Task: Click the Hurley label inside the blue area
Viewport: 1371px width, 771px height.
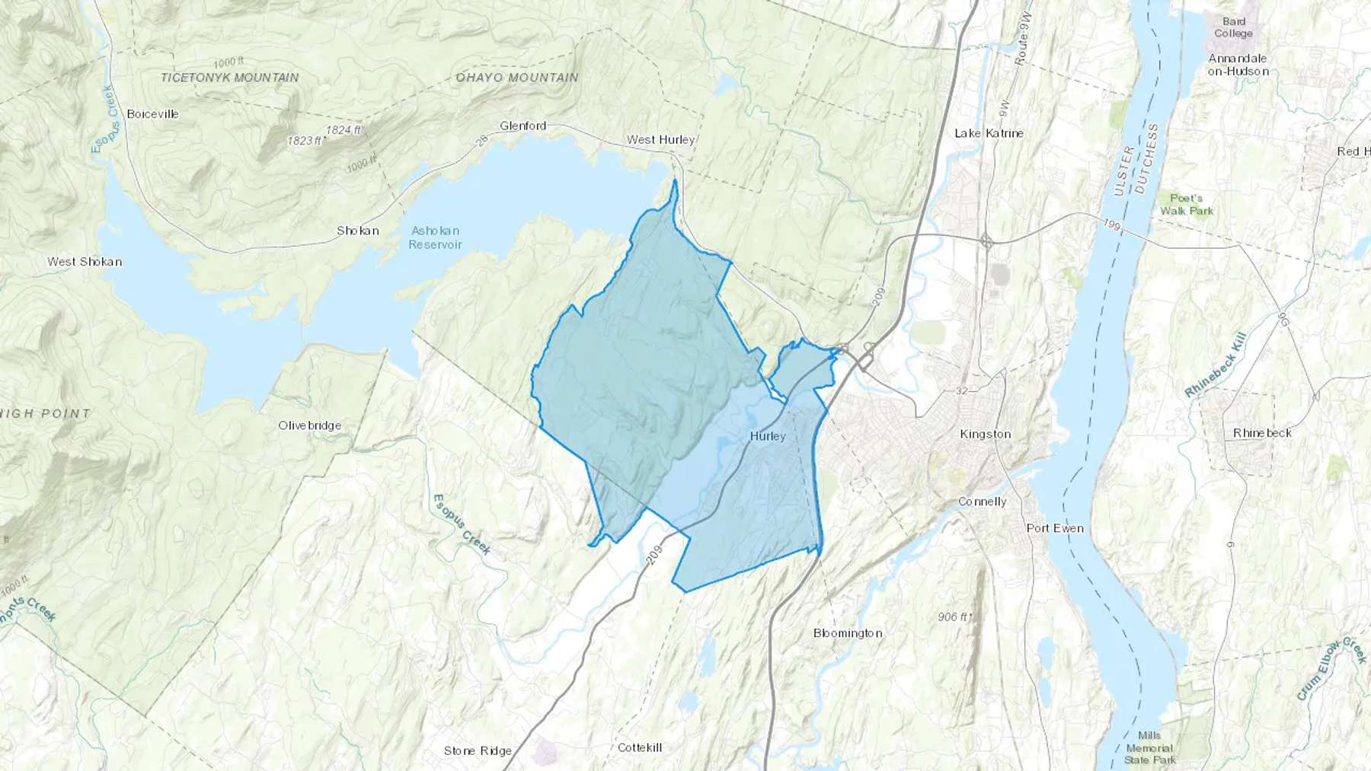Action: (767, 436)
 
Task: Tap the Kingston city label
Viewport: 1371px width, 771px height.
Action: (985, 434)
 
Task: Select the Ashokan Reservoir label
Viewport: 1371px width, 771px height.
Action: (435, 237)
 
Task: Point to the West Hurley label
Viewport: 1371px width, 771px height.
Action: (660, 139)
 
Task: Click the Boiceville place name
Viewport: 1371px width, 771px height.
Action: (152, 113)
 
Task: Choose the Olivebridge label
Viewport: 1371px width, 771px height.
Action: (309, 425)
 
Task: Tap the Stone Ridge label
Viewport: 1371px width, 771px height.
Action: (478, 750)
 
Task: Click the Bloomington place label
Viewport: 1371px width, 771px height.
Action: (847, 633)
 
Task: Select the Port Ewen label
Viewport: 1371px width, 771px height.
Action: (1054, 528)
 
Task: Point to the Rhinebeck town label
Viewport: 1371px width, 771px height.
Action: (1262, 433)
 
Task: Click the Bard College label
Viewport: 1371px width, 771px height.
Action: (1233, 27)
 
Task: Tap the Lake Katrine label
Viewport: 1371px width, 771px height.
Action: (989, 133)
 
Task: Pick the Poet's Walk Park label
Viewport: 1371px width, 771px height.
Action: (1186, 205)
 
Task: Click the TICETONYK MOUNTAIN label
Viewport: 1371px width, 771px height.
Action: (229, 78)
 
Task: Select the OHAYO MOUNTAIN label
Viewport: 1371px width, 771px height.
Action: (516, 78)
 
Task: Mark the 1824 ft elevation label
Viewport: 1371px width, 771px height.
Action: (343, 129)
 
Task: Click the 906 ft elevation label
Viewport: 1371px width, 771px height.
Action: (952, 616)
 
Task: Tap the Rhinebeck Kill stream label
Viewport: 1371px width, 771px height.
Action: (1216, 365)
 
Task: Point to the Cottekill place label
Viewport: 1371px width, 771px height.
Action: (639, 747)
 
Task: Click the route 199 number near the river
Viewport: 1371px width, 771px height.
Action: (1113, 225)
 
